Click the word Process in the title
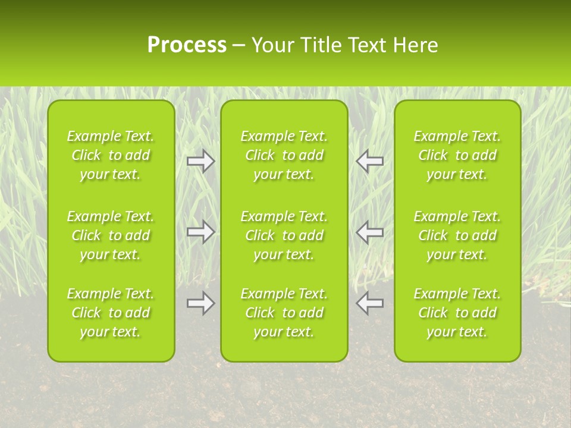[x=187, y=45]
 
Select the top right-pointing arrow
[x=201, y=161]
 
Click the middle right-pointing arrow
[x=201, y=231]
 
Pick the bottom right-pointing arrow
[x=201, y=303]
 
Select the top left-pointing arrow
[x=370, y=161]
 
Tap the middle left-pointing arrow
[x=370, y=231]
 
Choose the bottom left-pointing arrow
[x=370, y=303]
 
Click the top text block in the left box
[x=111, y=155]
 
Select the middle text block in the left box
[x=111, y=235]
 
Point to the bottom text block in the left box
[x=111, y=313]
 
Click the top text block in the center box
[x=284, y=155]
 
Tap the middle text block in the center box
[x=284, y=235]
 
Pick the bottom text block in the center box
[x=284, y=313]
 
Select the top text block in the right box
[x=457, y=155]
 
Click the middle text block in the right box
[x=457, y=235]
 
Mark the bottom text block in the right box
[x=457, y=313]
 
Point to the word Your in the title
[x=272, y=45]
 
